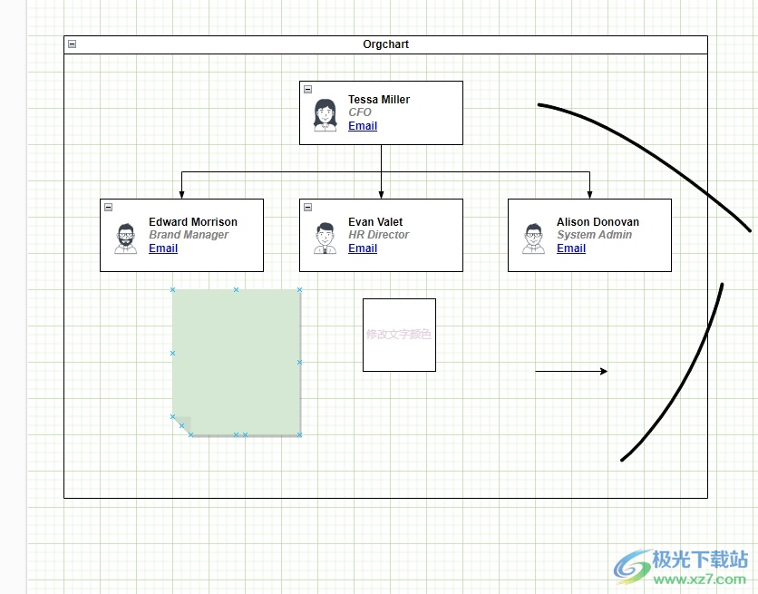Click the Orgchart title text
tap(385, 44)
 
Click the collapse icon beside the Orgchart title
tap(72, 44)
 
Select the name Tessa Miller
tap(378, 100)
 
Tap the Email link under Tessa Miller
tap(362, 126)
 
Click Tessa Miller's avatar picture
tap(325, 114)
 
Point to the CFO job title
tap(359, 112)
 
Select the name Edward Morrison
tap(192, 222)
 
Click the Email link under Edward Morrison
tap(162, 248)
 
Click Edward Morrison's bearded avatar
tap(125, 238)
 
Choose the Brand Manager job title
tap(188, 235)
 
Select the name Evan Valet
tap(374, 222)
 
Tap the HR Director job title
tap(378, 235)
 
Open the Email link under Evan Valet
tap(362, 248)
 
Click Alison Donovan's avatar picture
tap(533, 238)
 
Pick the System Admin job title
tap(594, 235)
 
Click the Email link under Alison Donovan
tap(570, 248)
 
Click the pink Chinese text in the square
tap(399, 335)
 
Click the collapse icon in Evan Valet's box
tap(307, 207)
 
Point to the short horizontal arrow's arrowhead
tap(603, 371)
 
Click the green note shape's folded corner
tap(182, 425)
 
